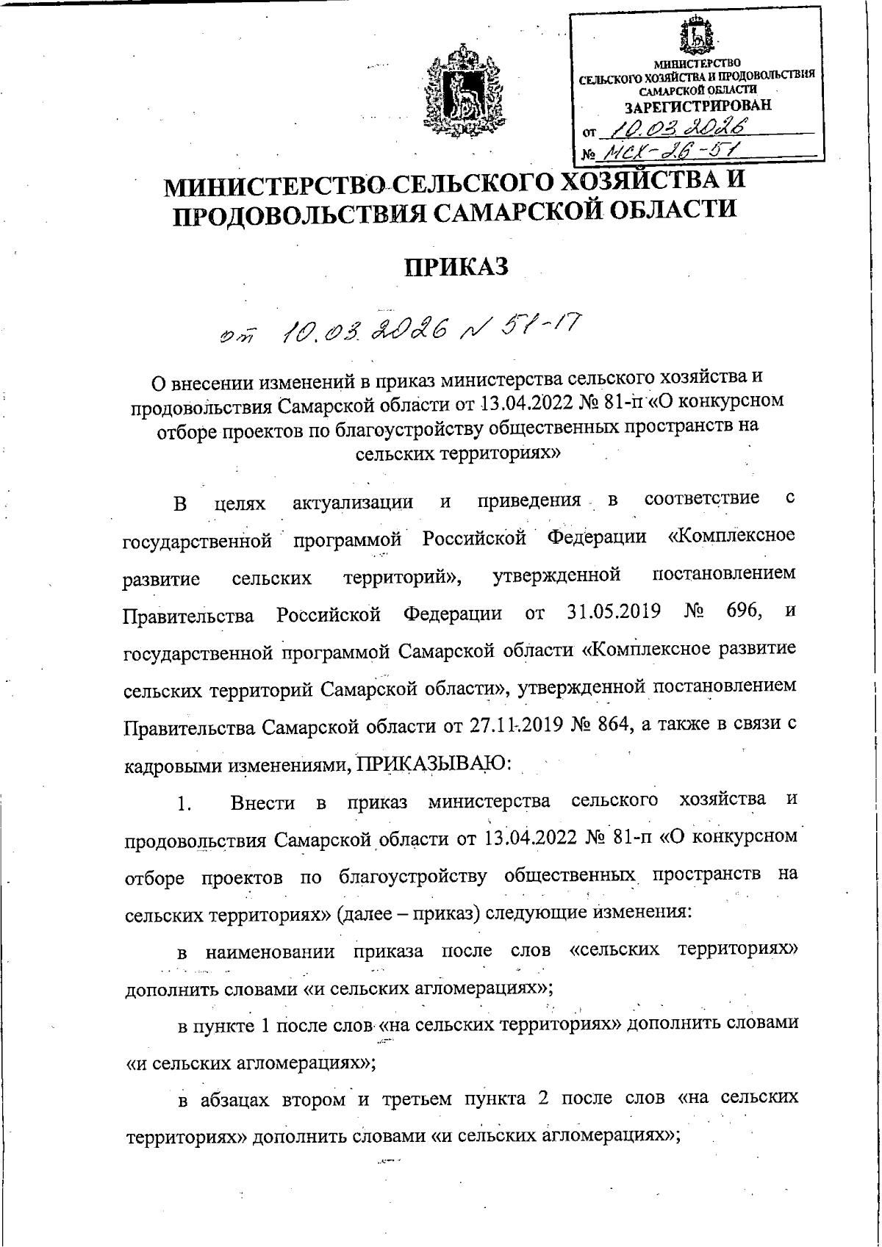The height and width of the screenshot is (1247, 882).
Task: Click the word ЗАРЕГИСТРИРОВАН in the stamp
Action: point(698,105)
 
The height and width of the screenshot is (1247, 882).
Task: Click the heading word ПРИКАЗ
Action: point(458,267)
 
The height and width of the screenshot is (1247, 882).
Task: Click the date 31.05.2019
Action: point(614,611)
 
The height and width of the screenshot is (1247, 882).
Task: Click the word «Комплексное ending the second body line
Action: point(731,536)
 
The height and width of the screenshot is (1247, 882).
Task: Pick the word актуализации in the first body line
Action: point(353,503)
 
